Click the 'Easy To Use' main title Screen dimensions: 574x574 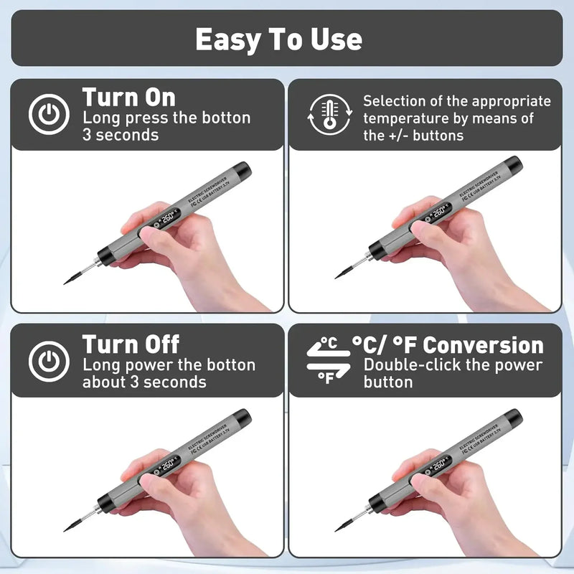coord(278,39)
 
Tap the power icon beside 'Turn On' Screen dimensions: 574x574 coord(49,115)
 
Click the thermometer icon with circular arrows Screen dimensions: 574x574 coord(329,115)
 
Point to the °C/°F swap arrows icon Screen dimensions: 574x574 coord(328,361)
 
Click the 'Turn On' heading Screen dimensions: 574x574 coord(128,97)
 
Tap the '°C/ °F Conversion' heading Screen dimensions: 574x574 coord(448,344)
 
